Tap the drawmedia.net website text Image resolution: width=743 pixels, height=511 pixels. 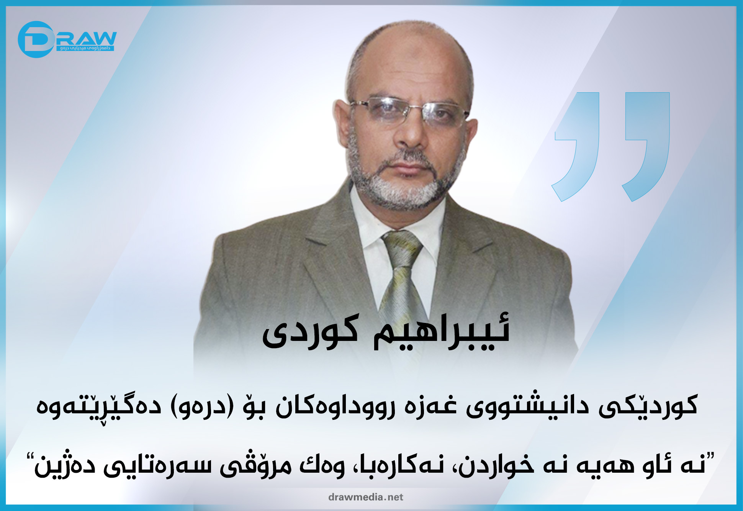tap(366, 497)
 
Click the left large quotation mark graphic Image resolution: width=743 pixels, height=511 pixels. tap(576, 146)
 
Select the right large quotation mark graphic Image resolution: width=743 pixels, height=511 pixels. tap(646, 146)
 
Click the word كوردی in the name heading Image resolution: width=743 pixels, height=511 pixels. tap(310, 331)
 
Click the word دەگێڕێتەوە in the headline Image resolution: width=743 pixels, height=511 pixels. tap(98, 407)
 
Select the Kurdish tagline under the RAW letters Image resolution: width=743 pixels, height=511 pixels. tap(85, 48)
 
